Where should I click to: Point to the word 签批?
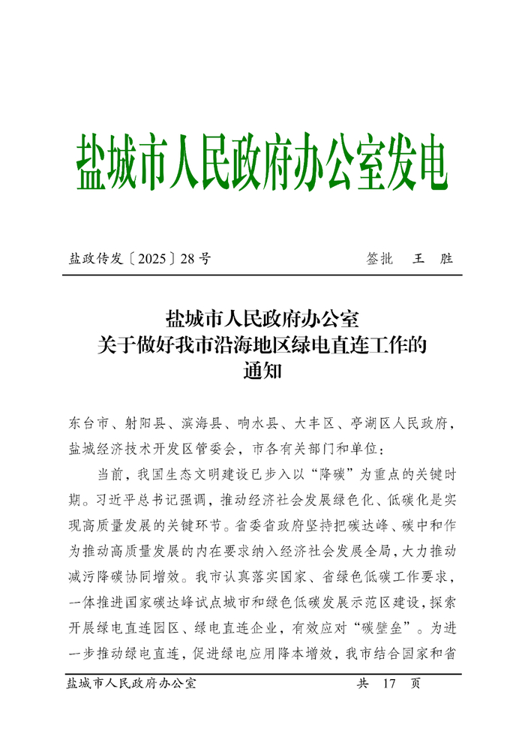pos(379,259)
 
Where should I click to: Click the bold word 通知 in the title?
pos(262,370)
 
